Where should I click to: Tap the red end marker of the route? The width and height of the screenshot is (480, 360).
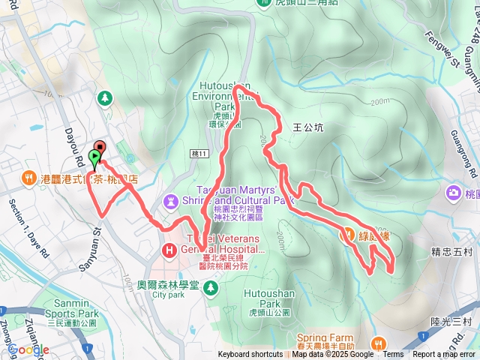tap(100, 147)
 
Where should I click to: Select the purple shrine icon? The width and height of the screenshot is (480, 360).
tap(172, 200)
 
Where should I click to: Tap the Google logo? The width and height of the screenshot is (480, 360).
tap(28, 349)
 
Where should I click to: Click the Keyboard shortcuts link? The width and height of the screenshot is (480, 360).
tap(250, 355)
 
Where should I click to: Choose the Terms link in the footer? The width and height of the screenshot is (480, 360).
tap(393, 355)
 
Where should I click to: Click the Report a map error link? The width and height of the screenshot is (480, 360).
tap(445, 355)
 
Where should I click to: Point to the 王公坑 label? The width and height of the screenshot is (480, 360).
tap(308, 128)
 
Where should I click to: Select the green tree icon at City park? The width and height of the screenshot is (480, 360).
tap(211, 286)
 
